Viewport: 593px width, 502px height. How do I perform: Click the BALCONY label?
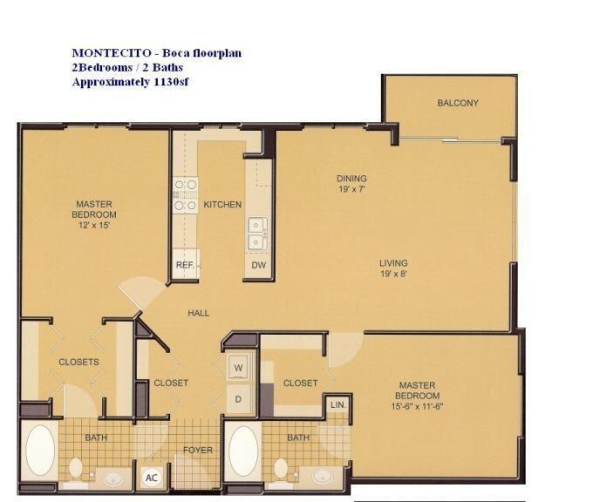pyautogui.click(x=458, y=103)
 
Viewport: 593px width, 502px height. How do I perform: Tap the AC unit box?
pyautogui.click(x=150, y=478)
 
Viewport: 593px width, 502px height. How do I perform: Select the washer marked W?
pyautogui.click(x=238, y=368)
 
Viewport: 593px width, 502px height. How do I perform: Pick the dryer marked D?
pyautogui.click(x=238, y=399)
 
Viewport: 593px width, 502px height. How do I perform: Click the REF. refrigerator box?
pyautogui.click(x=185, y=264)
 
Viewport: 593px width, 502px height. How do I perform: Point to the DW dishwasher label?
pyautogui.click(x=258, y=264)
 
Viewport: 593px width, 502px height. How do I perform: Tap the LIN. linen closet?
pyautogui.click(x=337, y=404)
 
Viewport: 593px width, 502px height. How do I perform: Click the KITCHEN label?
pyautogui.click(x=222, y=205)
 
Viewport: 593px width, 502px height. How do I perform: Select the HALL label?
pyautogui.click(x=198, y=313)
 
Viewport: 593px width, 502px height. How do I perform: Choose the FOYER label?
pyautogui.click(x=197, y=450)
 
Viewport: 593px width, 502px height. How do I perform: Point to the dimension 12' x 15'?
pyautogui.click(x=93, y=225)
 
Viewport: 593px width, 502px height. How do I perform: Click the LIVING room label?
pyautogui.click(x=393, y=263)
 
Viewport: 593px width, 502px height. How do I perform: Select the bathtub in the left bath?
pyautogui.click(x=40, y=450)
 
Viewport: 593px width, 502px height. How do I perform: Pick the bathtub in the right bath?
pyautogui.click(x=243, y=450)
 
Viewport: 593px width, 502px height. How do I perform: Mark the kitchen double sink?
pyautogui.click(x=257, y=231)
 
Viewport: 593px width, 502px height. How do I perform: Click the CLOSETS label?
pyautogui.click(x=78, y=362)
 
